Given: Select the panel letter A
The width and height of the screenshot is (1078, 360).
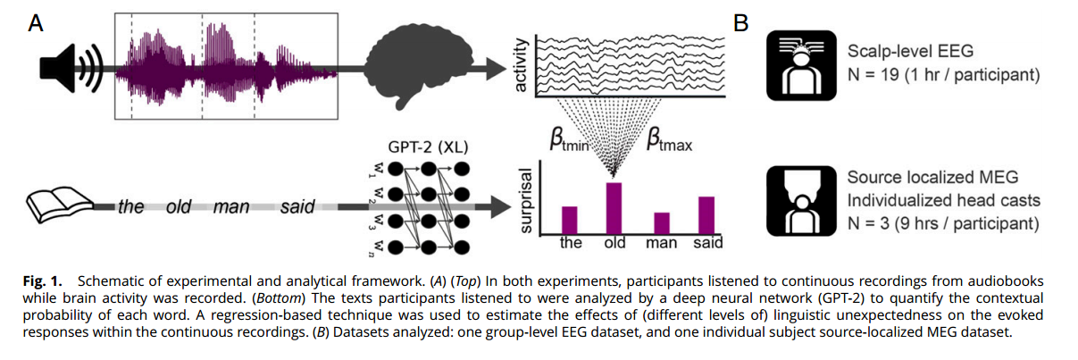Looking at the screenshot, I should [37, 23].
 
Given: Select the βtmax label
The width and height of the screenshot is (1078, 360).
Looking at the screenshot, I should [670, 140].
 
